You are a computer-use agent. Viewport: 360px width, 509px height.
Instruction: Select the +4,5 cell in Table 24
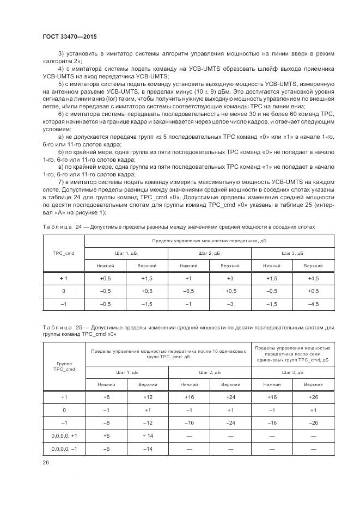pos(313,278)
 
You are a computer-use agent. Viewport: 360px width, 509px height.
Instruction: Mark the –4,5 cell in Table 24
pos(313,304)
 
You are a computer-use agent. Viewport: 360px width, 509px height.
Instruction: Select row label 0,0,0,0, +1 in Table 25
pos(64,436)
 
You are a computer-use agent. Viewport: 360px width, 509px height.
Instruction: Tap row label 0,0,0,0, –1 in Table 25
pos(64,449)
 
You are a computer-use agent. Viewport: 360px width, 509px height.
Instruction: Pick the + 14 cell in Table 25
pos(147,436)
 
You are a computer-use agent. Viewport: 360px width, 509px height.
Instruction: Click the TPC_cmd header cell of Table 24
pos(64,253)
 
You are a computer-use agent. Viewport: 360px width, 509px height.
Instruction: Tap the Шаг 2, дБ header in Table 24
pos(209,253)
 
